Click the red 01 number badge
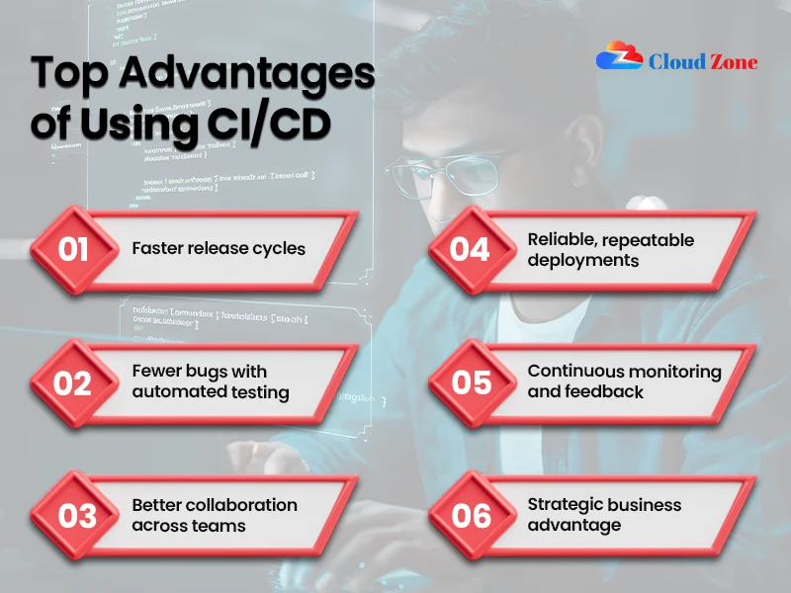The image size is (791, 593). coord(73,249)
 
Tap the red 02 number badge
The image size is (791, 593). coord(73,382)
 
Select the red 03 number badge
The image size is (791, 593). coord(73,516)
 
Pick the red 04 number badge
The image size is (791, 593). coord(470,249)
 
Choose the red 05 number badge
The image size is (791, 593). coord(470,382)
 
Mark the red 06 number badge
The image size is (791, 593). coord(470,516)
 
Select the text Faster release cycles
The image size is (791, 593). coord(219,248)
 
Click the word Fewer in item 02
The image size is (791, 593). coord(157,372)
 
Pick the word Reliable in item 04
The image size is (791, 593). coord(559,239)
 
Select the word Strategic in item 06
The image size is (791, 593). coord(565,505)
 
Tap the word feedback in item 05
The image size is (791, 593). coord(604,392)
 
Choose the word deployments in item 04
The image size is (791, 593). coord(583,260)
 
